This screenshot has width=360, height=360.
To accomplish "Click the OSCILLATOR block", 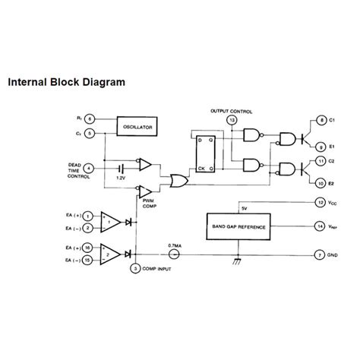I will point(138,126).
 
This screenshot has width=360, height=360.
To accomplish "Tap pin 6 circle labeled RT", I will point(90,119).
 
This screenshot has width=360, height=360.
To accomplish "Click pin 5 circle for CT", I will point(90,134).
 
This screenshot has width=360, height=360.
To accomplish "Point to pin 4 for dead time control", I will point(90,167).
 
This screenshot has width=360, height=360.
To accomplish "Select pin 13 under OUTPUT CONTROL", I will point(232,120).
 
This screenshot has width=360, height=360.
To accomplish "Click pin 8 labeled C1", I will point(322,122).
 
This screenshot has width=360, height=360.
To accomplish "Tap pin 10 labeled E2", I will point(322,183).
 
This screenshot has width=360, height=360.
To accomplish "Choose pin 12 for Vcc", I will point(321,202).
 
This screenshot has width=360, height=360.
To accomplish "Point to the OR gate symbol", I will point(179,182).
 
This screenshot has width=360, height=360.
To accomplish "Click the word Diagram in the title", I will point(103,79).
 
